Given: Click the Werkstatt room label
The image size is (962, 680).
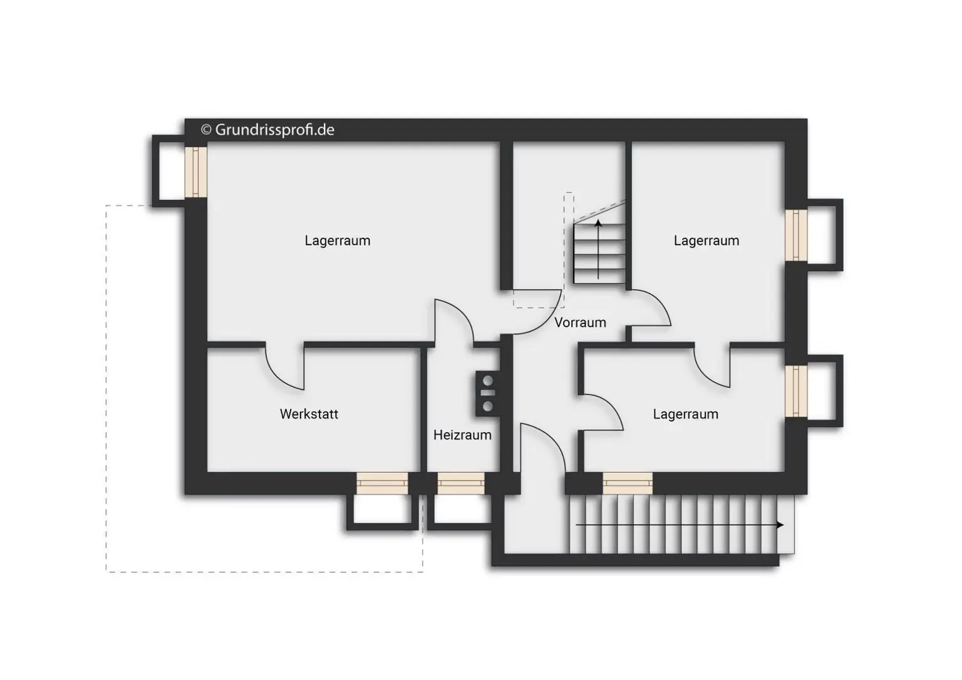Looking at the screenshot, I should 309,414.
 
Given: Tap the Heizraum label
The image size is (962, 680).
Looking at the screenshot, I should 462,435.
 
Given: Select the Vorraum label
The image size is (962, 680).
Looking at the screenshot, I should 580,322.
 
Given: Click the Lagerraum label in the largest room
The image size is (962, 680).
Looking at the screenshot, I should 338,240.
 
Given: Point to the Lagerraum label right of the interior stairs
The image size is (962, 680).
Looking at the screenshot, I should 706,240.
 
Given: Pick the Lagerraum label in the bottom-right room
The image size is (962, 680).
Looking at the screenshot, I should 685,414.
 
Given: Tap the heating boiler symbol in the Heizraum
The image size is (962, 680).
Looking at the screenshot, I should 488,393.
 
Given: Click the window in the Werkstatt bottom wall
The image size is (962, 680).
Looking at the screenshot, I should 382,483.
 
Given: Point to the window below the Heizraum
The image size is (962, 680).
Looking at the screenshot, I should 460,483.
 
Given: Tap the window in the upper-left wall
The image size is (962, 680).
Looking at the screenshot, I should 195,172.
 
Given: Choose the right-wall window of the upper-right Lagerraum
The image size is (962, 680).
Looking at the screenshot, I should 796,235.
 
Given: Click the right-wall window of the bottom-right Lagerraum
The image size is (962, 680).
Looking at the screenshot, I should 796,391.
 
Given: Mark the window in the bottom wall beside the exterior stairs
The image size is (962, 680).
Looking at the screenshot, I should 627,483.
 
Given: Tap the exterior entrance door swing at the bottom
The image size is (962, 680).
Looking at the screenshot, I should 542,447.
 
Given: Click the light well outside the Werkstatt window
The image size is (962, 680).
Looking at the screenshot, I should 383,512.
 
